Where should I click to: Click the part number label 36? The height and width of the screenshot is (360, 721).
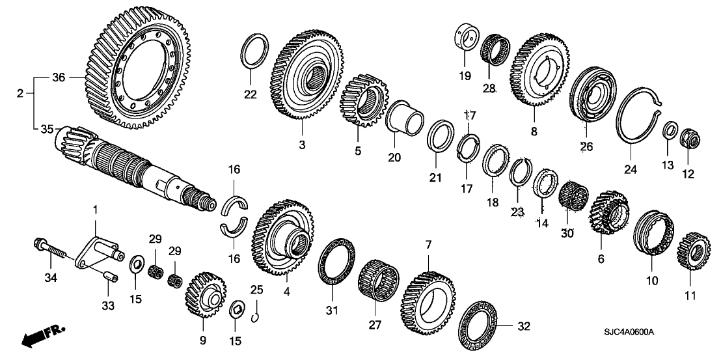tap(59, 77)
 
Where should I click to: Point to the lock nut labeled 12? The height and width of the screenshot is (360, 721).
tap(687, 139)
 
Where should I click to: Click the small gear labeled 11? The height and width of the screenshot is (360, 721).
tap(692, 250)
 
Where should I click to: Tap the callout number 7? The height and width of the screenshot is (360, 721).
tap(428, 245)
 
